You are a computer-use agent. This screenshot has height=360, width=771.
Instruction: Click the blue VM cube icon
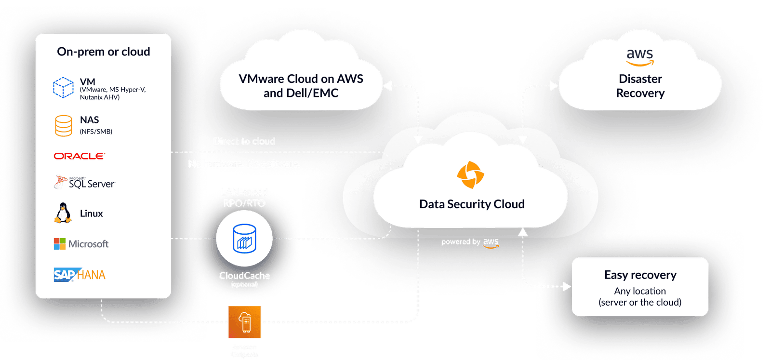[63, 88]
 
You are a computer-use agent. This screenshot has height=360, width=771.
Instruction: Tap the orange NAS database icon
[64, 125]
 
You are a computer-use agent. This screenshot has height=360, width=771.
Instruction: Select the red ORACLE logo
[79, 156]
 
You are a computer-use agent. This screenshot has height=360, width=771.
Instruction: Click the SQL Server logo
[85, 183]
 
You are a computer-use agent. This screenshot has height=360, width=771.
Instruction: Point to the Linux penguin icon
[63, 213]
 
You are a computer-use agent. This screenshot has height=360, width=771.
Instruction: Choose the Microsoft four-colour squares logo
[60, 244]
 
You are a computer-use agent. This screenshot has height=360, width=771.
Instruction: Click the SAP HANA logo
[80, 275]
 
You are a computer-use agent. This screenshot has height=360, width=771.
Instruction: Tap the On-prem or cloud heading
[104, 52]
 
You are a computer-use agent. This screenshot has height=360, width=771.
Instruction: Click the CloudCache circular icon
[244, 239]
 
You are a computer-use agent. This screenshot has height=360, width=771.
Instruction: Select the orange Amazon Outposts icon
[244, 322]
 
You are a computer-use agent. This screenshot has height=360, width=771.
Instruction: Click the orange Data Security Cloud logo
[470, 175]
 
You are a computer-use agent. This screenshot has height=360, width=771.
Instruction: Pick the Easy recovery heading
[640, 275]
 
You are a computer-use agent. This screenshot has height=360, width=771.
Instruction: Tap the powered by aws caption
[470, 242]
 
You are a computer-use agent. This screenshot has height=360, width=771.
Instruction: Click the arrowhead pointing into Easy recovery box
[567, 287]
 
